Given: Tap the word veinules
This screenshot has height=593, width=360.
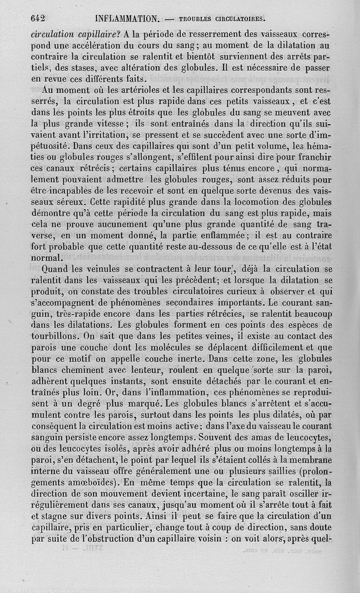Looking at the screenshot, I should [112, 270].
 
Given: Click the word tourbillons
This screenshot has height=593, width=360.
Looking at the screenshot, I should [56, 336].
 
